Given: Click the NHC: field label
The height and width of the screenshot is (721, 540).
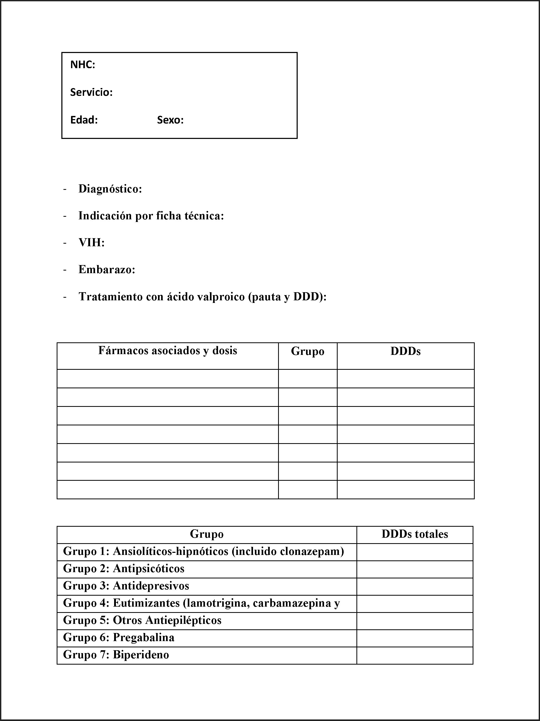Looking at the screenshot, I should pos(83,65).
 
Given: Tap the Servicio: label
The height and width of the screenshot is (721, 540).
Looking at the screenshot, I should pos(91,92).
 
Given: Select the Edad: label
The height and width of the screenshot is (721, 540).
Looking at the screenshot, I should pos(84,120).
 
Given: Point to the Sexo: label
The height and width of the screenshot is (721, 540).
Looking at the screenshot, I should pos(170,120).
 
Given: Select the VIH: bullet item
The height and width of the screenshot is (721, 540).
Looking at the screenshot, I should pos(91,243).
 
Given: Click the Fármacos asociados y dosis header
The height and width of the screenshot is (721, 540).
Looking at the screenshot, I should pos(167,351).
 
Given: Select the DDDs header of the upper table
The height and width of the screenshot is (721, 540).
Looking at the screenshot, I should pos(406,351).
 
